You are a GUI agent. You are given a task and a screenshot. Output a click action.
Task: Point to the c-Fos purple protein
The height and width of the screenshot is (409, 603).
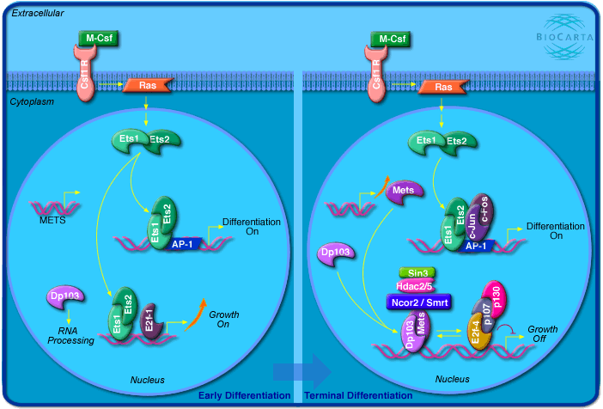[482, 217]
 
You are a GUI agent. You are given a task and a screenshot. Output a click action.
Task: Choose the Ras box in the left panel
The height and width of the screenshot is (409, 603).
[148, 86]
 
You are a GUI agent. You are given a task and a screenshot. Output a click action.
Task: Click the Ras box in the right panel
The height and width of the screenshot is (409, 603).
[443, 86]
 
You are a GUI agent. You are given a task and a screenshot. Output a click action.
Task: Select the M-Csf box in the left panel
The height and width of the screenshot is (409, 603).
[94, 39]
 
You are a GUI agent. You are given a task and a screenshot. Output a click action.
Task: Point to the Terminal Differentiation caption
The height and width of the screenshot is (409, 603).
[357, 395]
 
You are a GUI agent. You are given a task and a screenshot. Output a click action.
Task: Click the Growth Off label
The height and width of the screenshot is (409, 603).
[542, 333]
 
